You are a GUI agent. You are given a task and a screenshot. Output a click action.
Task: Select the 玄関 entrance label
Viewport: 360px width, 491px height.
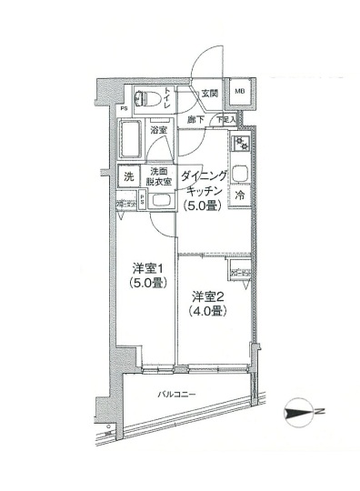pos(209,94)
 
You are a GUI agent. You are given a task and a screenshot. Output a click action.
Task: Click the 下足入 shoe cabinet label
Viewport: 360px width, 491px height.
pos(225,119)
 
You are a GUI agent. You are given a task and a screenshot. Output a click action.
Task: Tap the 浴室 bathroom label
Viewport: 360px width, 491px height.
pos(159,131)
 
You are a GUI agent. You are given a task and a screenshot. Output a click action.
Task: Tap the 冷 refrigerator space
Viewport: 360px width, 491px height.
pos(241,195)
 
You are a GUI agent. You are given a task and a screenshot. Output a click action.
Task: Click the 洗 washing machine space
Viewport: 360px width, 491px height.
pos(127,176)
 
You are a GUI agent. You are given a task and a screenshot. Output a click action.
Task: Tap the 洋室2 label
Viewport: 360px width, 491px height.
pos(207,296)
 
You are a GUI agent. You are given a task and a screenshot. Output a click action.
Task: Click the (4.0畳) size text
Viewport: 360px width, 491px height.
pos(207,311)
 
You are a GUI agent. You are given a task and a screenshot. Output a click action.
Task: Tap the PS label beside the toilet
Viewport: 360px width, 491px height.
pos(123,113)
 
